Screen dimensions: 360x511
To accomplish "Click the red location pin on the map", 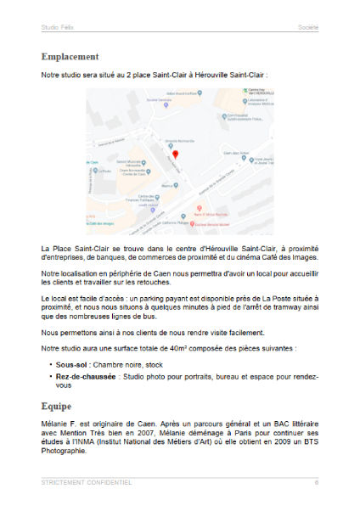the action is coord(175,154).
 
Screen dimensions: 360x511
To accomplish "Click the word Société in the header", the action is coord(308,27).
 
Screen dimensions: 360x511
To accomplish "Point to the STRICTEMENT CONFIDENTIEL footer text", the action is coord(86,483).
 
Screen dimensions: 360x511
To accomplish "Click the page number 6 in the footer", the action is coord(316,483).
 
